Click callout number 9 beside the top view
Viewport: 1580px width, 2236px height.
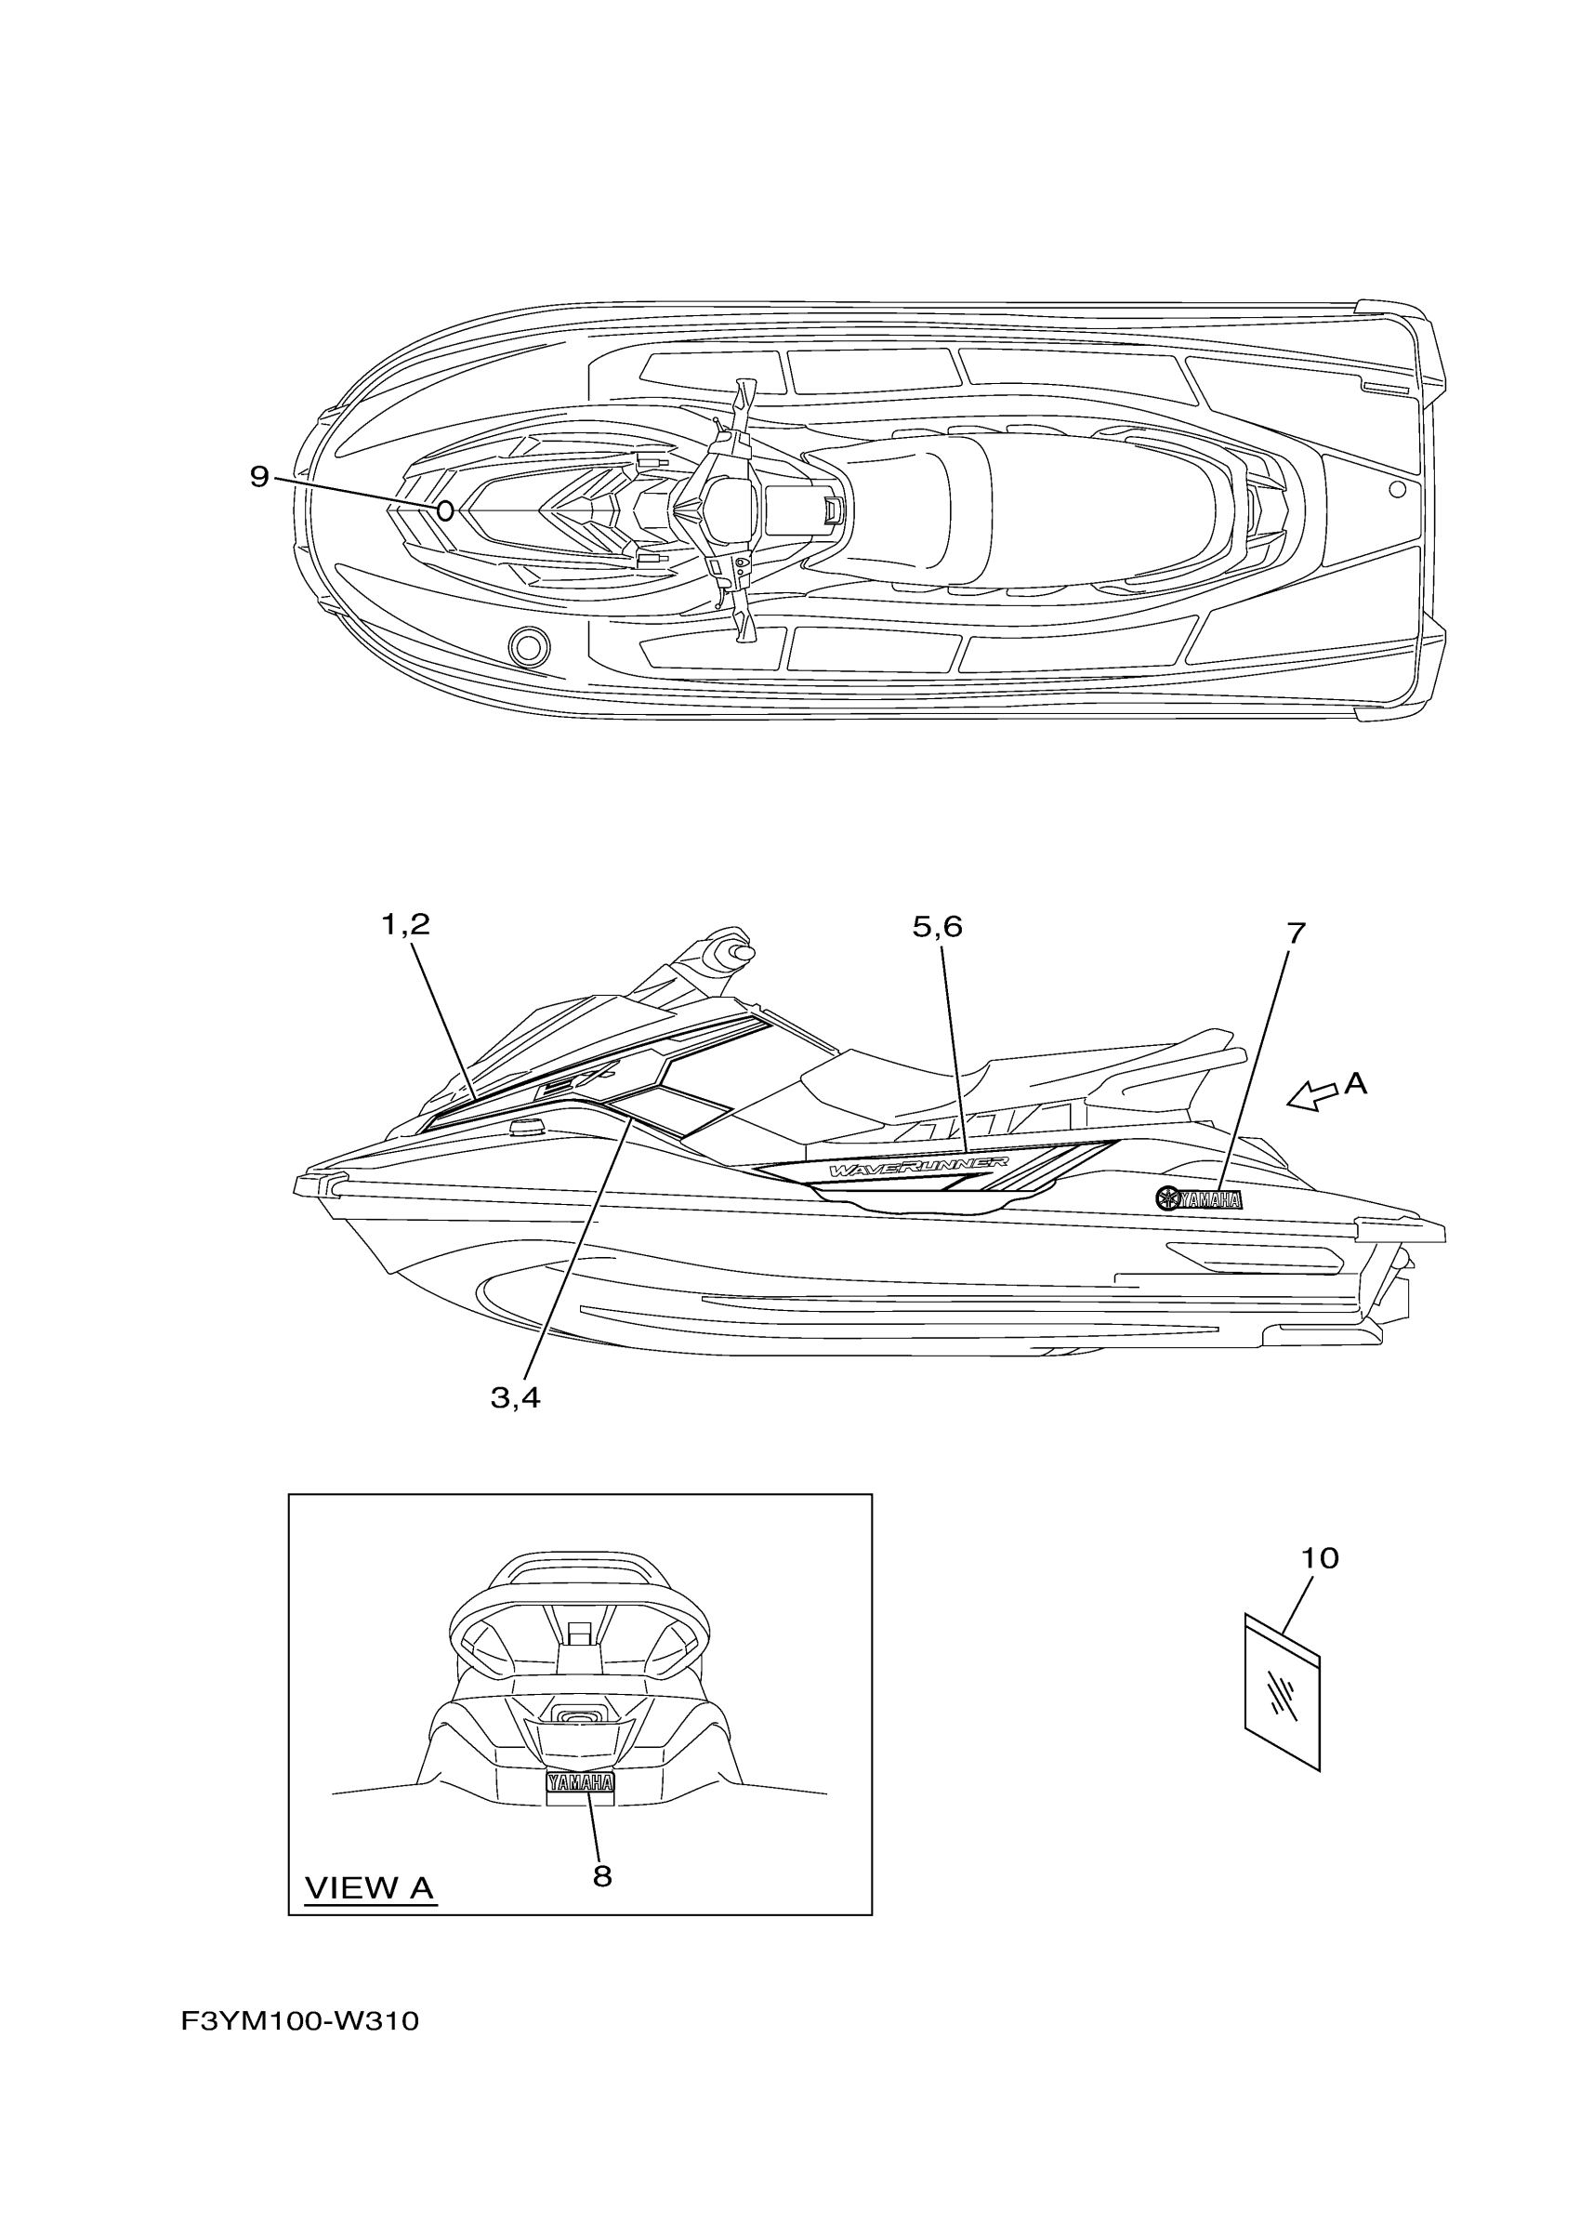259,476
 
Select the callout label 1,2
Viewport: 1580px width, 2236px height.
405,924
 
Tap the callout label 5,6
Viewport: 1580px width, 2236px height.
937,926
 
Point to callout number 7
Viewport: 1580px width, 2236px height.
1295,932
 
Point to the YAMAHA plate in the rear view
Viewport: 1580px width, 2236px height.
580,1782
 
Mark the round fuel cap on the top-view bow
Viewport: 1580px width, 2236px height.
529,644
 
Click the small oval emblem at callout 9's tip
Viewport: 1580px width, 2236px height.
444,510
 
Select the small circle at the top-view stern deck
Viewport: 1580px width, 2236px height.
1396,489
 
